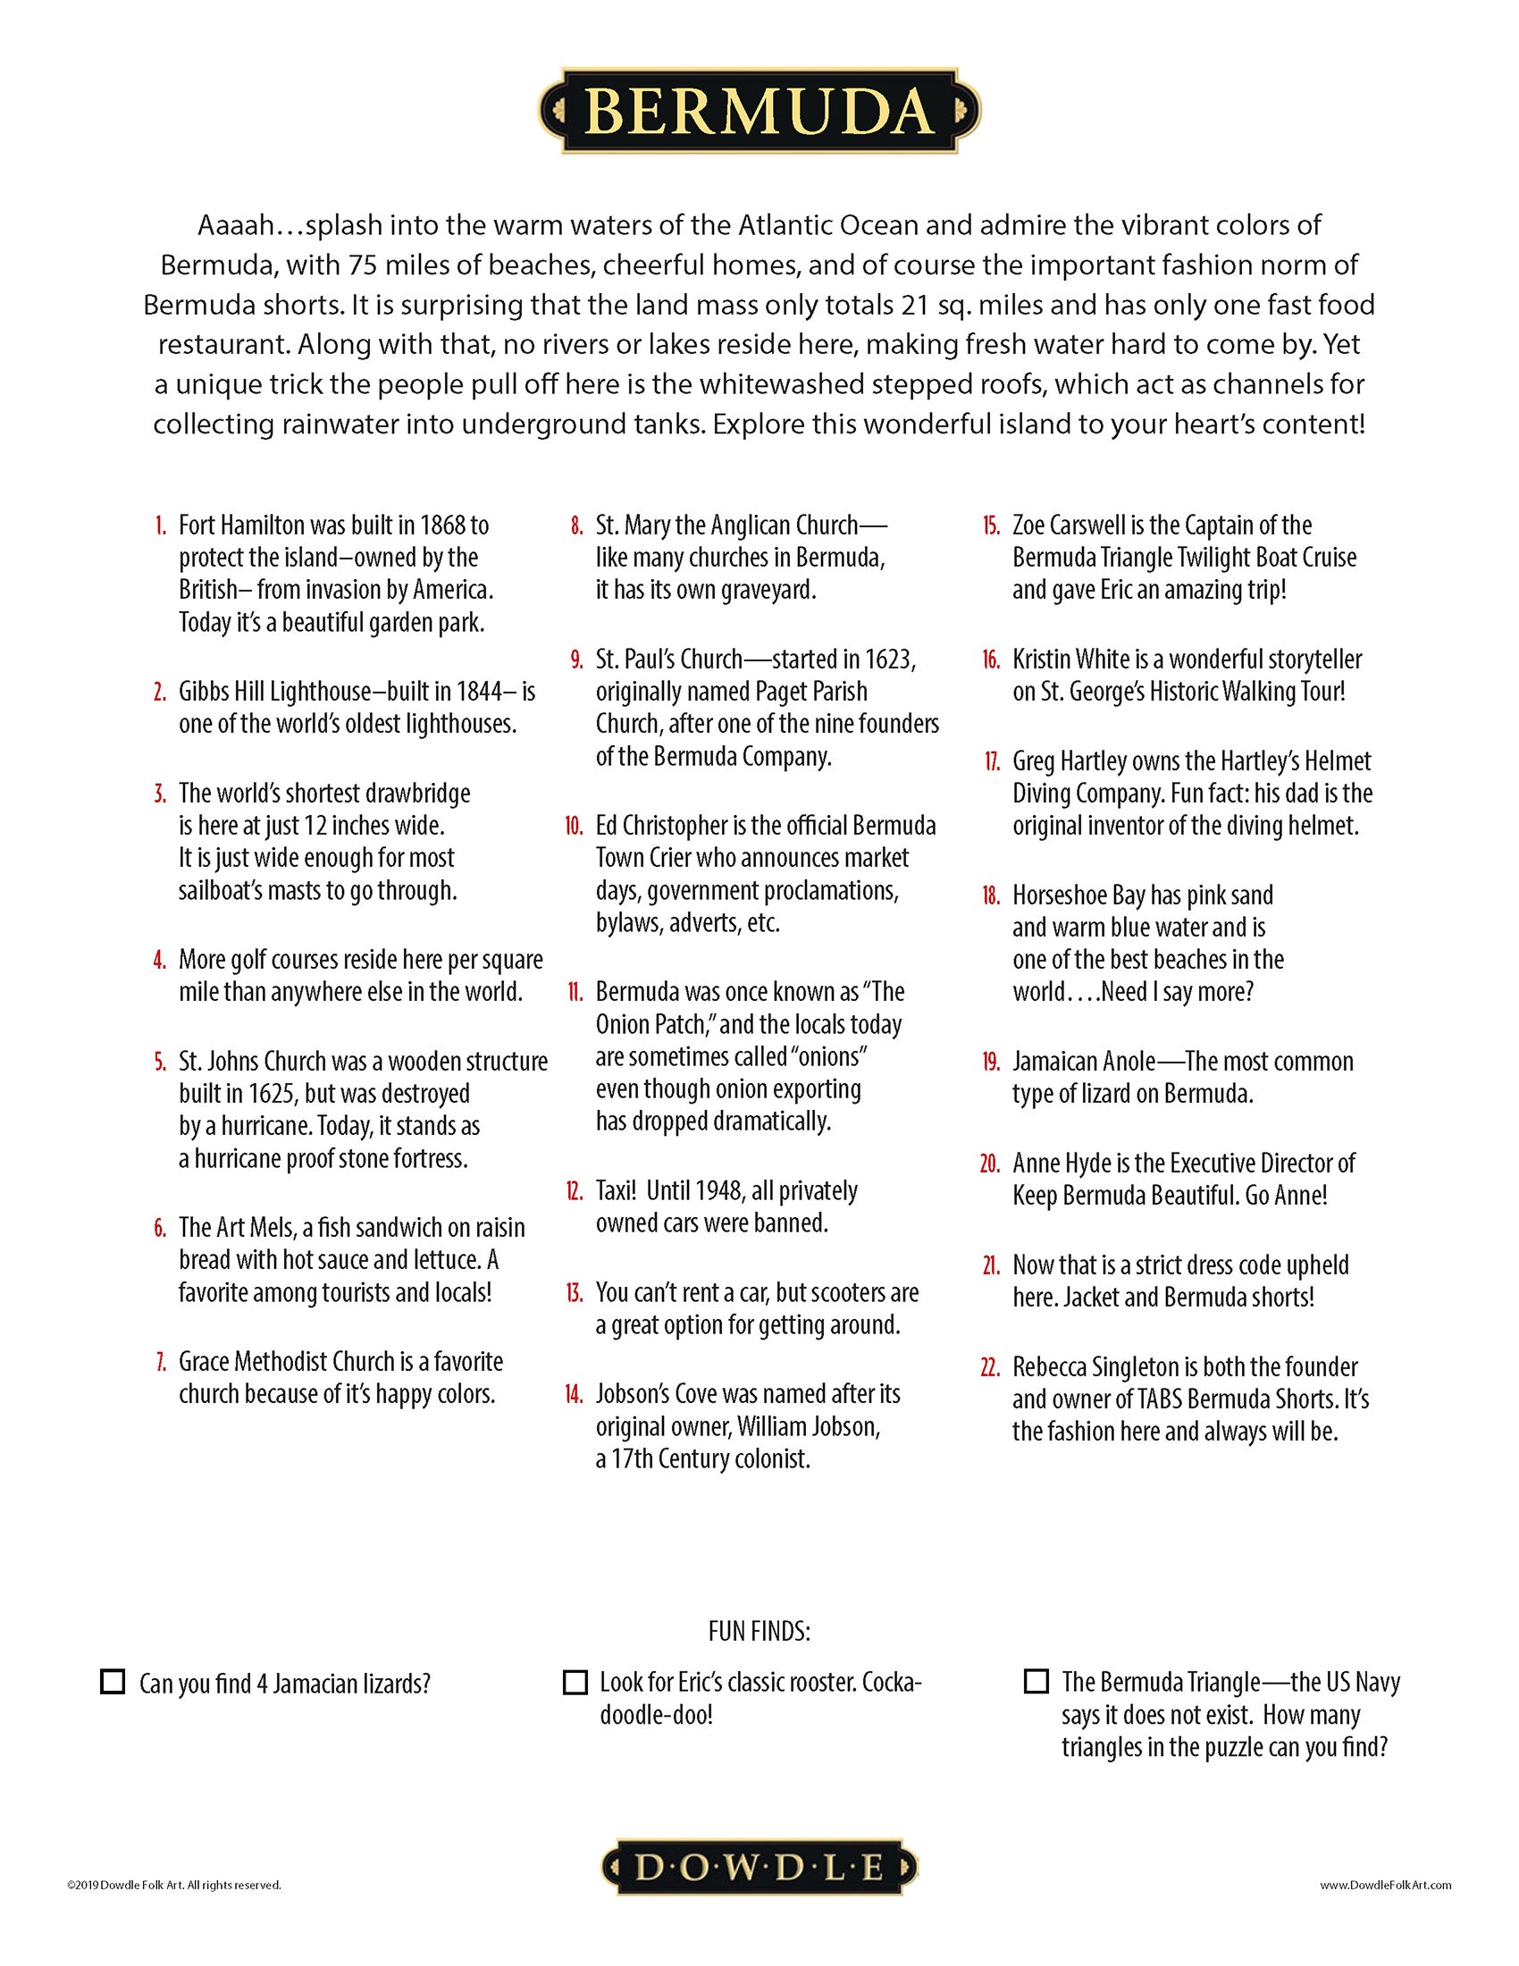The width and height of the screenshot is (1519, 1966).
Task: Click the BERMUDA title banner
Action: tap(759, 111)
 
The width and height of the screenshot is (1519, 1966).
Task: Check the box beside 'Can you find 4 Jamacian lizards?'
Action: tap(113, 1682)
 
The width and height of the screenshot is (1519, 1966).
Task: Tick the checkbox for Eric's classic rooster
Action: tap(575, 1682)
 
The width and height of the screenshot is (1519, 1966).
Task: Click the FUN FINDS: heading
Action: tap(759, 1632)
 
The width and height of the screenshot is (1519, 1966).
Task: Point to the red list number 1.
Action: tap(160, 525)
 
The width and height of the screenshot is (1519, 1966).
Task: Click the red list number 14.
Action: tap(575, 1394)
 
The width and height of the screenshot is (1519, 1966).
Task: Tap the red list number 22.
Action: tap(990, 1367)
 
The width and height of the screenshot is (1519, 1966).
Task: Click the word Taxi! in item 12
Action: tap(617, 1191)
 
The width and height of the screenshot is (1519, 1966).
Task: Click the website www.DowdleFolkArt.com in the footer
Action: tap(1386, 1885)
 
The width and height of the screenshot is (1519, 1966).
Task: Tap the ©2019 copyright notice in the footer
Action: tap(173, 1885)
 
